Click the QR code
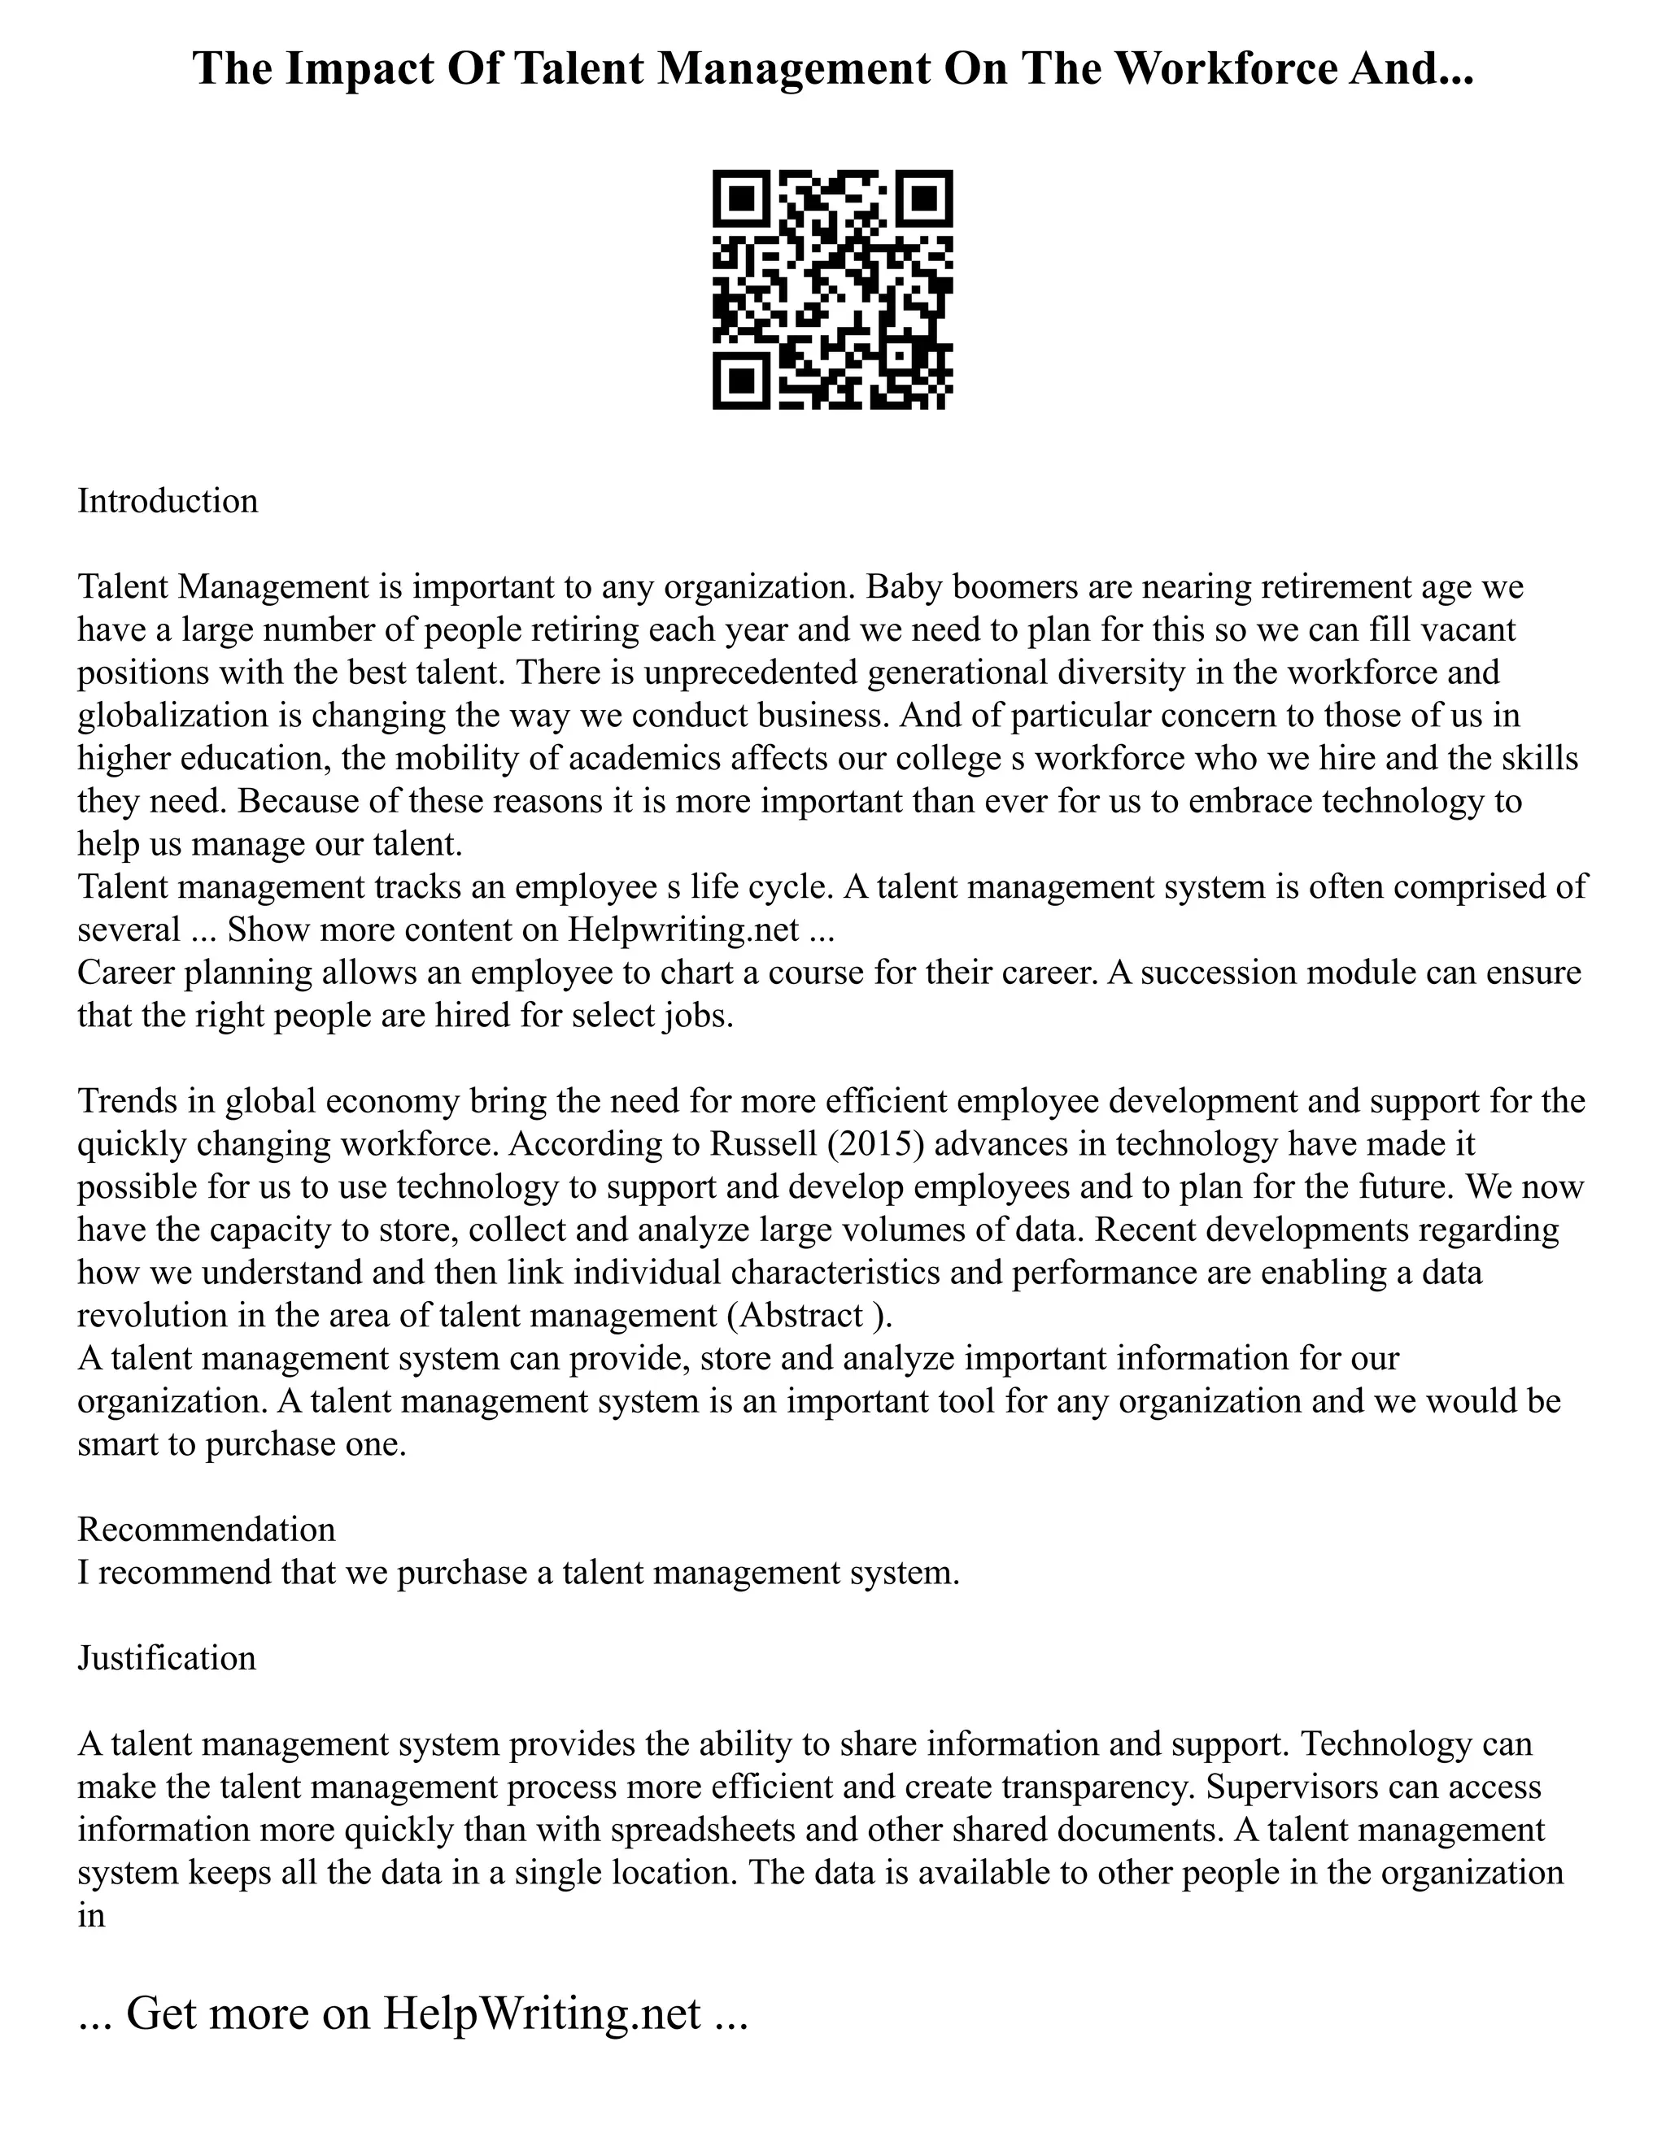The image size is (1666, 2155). [x=832, y=290]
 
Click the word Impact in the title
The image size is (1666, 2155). [x=362, y=70]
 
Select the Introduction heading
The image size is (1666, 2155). [x=168, y=501]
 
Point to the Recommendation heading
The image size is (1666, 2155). [x=207, y=1530]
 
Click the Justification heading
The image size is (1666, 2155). [x=167, y=1657]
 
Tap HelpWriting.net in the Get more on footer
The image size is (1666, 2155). [x=541, y=2014]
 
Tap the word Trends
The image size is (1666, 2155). [x=128, y=1101]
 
